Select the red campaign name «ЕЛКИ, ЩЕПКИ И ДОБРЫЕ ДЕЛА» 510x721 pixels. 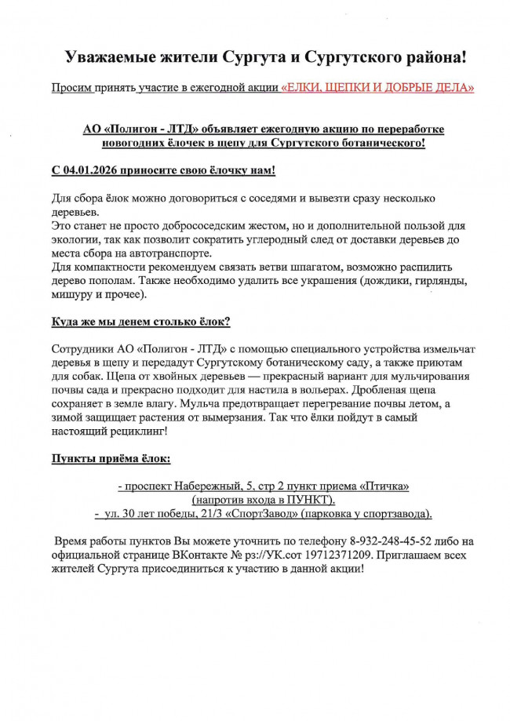377,88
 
